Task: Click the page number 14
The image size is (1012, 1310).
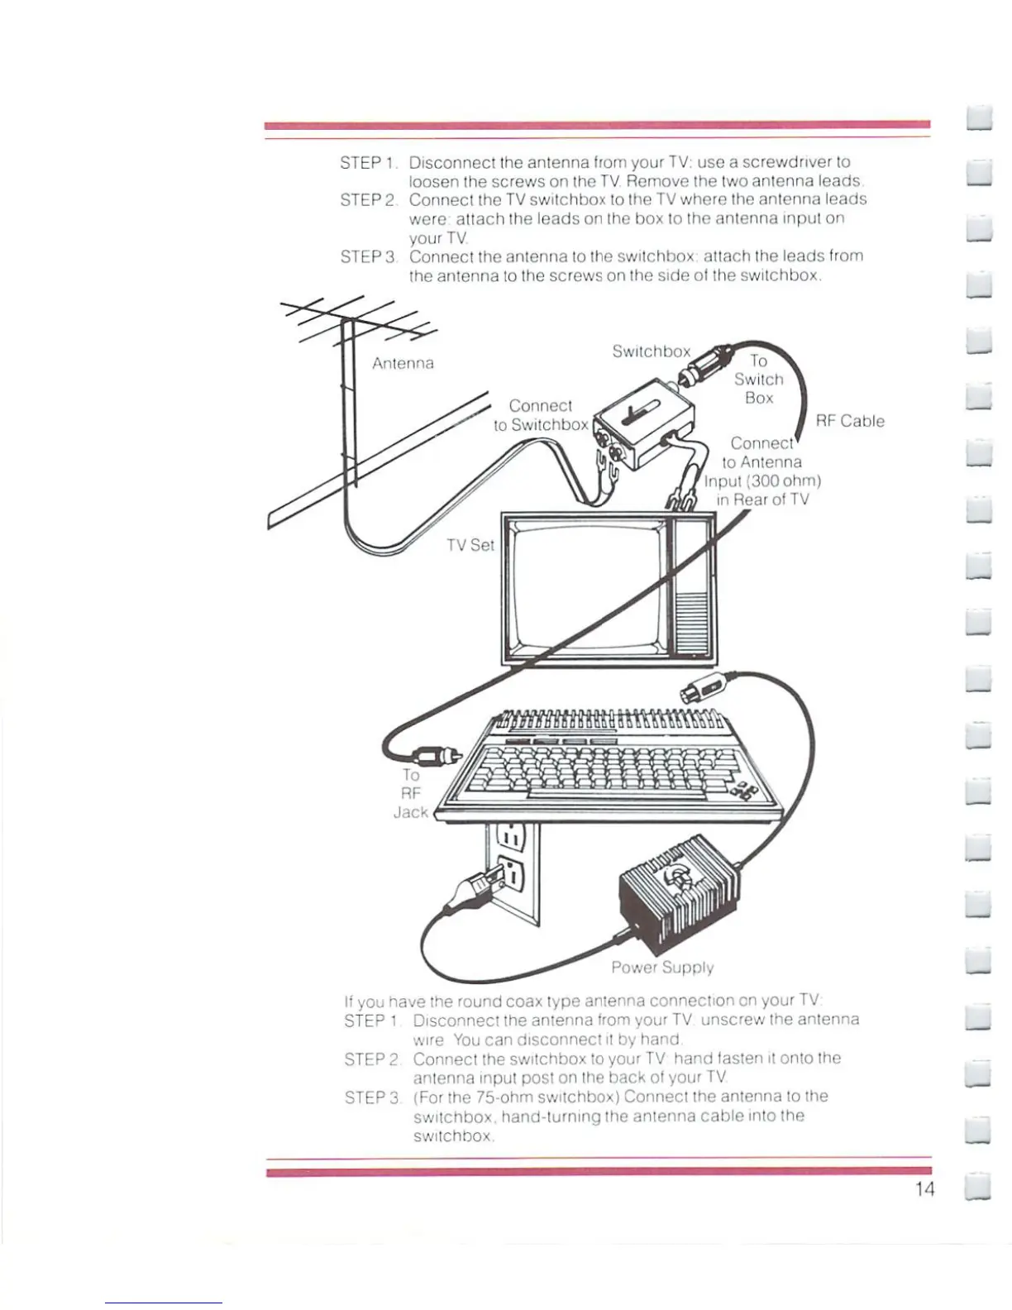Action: [x=924, y=1189]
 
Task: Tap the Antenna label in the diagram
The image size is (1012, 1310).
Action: [x=403, y=363]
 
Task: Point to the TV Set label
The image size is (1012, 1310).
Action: [x=470, y=545]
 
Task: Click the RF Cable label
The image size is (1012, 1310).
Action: [x=850, y=421]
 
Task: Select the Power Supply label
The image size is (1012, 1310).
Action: [x=662, y=967]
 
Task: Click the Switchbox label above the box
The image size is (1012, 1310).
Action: [x=651, y=351]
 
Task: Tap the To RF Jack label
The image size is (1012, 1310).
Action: [x=411, y=793]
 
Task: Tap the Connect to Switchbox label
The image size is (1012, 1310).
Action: [x=541, y=415]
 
